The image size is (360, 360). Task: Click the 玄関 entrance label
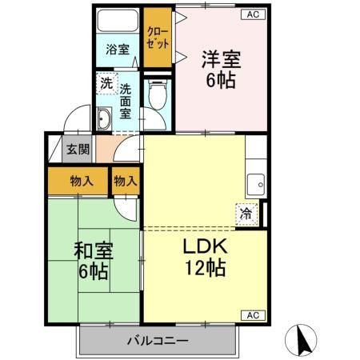click(77, 149)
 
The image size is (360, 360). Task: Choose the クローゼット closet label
click(158, 37)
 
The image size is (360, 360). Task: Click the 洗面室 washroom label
click(126, 97)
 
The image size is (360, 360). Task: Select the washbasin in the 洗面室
click(104, 121)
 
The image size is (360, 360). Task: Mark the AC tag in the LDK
click(250, 314)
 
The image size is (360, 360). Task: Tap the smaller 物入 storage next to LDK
click(126, 181)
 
